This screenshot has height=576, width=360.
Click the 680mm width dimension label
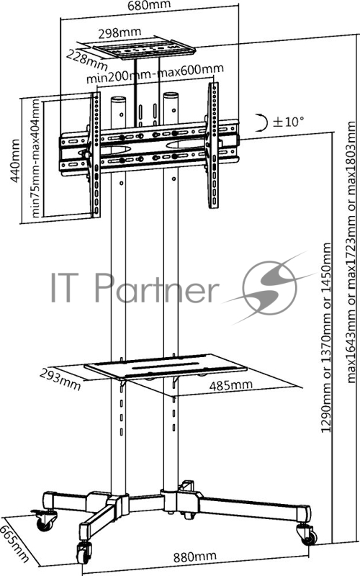coord(149,5)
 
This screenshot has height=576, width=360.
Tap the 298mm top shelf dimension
coord(120,33)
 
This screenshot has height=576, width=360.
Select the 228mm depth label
coord(86,59)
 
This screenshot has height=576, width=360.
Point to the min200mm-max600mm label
coord(155,73)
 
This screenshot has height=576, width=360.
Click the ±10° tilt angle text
coord(289,121)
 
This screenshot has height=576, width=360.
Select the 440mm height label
coord(15,160)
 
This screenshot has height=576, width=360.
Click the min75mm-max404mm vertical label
coord(35,158)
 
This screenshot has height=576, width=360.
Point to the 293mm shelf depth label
coord(60,379)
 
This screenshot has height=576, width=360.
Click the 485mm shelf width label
coord(230,385)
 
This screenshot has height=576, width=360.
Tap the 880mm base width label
coord(194,557)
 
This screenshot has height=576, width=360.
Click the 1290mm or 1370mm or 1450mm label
coord(326,337)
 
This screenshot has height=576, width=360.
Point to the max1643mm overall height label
coord(352,252)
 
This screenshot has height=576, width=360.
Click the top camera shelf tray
coord(143,48)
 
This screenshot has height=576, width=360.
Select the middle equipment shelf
coord(166,366)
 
